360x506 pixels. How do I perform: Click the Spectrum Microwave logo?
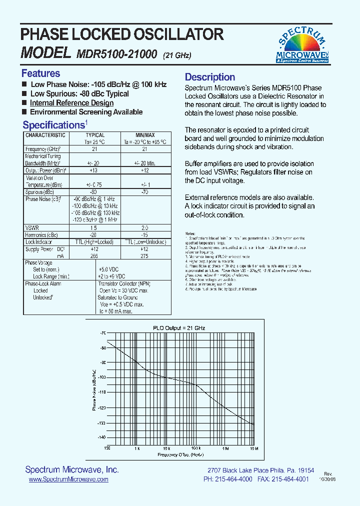[302, 45]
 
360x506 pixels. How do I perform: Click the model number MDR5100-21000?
[117, 54]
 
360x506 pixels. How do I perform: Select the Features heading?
[40, 73]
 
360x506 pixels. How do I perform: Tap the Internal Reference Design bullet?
[71, 103]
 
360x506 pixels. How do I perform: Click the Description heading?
[210, 77]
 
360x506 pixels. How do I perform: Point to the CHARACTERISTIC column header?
[45, 135]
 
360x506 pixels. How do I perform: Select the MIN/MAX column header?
[145, 135]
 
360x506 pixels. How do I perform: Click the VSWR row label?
[32, 227]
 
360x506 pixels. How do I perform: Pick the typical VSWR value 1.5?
[93, 227]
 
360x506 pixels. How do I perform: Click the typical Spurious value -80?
[93, 192]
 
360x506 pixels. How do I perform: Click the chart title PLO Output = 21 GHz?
[179, 328]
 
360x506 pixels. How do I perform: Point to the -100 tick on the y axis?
[102, 377]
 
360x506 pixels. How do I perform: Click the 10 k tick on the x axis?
[166, 448]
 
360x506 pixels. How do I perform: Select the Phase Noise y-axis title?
[94, 389]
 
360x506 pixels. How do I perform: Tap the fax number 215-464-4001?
[291, 479]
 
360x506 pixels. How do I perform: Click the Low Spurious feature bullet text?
[79, 94]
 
